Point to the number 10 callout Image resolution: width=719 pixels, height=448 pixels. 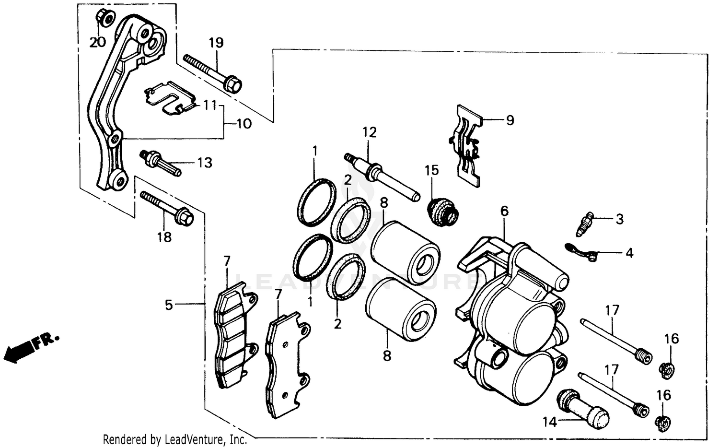click(244, 124)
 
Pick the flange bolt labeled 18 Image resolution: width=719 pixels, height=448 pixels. click(168, 208)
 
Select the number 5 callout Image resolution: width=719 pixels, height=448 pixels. click(169, 305)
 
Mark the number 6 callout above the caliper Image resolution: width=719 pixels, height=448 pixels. click(504, 211)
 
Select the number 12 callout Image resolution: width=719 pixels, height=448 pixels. click(370, 132)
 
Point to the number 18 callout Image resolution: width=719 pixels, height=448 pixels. click(164, 237)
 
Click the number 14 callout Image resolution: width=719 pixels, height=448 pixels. click(550, 422)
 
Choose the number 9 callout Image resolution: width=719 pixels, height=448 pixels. click(510, 120)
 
